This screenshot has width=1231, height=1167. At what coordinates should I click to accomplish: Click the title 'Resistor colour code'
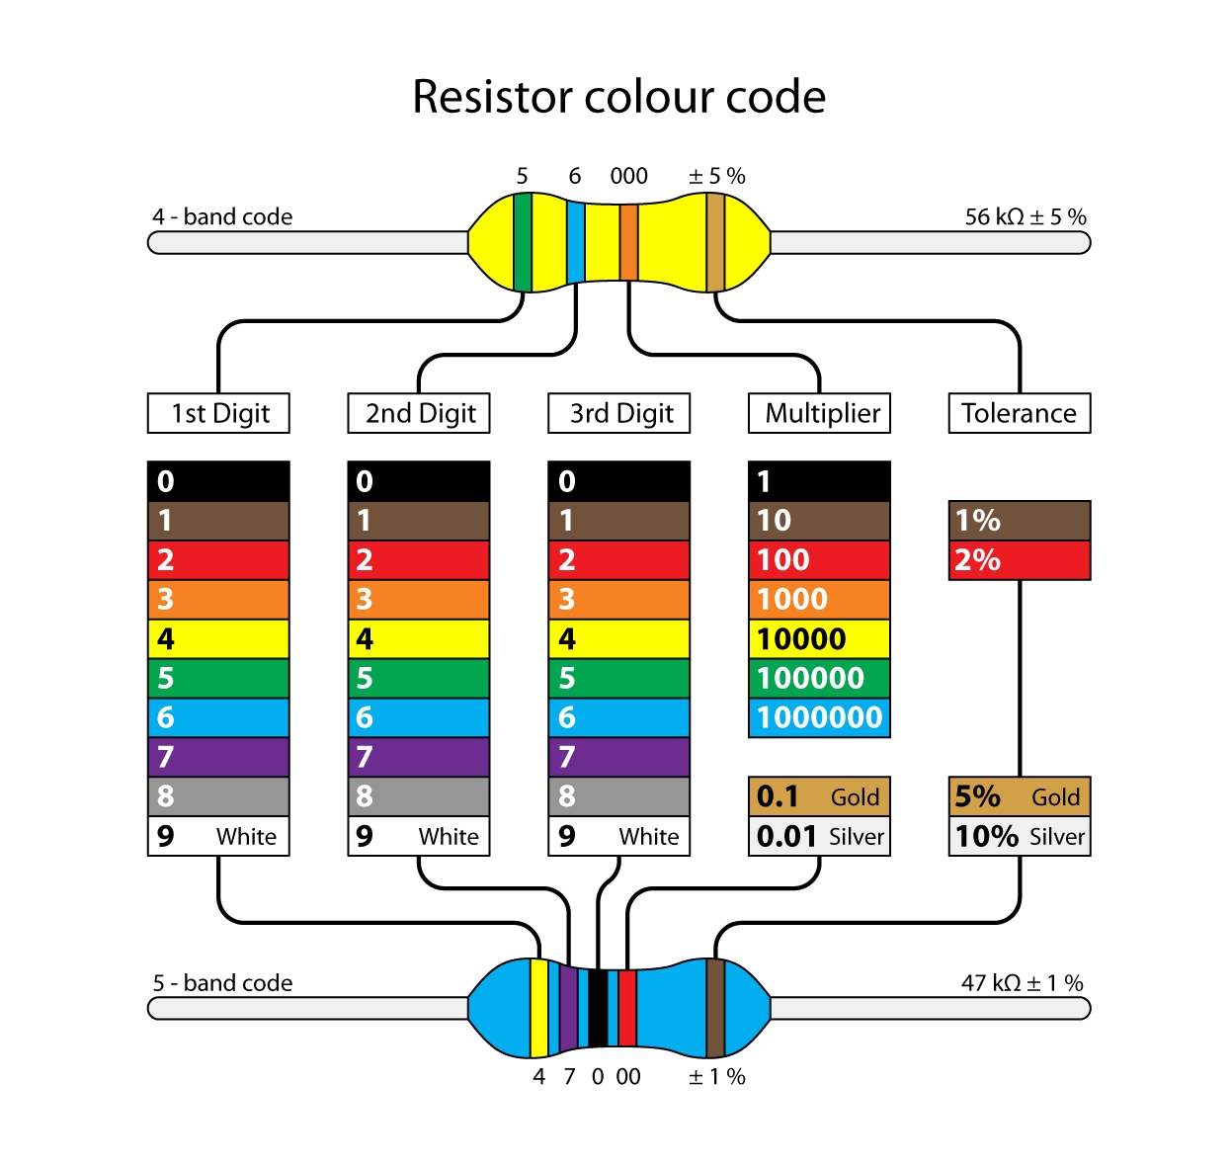coord(618,97)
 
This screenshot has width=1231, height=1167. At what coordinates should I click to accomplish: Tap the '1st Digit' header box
coord(218,413)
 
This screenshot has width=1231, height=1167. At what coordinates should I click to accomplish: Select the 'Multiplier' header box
coord(819,413)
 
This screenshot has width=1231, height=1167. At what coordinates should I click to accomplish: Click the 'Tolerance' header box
coord(1019,413)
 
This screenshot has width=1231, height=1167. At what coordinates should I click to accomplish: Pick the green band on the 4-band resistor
coord(523,242)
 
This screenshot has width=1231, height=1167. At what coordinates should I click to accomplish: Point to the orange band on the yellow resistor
coord(628,242)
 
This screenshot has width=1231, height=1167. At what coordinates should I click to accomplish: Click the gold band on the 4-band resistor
coord(715,242)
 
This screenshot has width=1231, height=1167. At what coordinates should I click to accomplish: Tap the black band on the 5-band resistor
coord(598,1008)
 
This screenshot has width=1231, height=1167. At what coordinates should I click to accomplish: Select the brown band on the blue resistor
coord(715,1008)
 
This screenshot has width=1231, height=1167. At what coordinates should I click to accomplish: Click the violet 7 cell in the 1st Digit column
coord(218,757)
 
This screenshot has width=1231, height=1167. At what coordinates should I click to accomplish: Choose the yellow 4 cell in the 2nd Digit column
coord(419,638)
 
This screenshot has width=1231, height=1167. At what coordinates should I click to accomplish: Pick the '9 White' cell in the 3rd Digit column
coord(618,836)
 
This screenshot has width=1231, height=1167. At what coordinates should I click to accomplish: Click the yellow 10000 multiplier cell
coord(819,638)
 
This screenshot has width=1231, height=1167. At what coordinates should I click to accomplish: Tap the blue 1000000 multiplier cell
coord(819,717)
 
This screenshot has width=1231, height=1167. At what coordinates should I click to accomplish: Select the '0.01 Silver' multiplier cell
coord(819,836)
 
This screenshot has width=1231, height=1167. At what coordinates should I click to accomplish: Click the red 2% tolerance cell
coord(1019,560)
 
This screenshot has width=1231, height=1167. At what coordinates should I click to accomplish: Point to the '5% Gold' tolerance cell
coord(1019,796)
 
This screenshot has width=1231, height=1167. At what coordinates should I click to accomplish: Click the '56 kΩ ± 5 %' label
coord(1025,216)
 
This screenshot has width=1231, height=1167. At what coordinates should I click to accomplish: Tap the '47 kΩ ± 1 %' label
coord(1022,983)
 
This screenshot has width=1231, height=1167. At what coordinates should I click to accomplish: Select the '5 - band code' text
coord(222,983)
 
